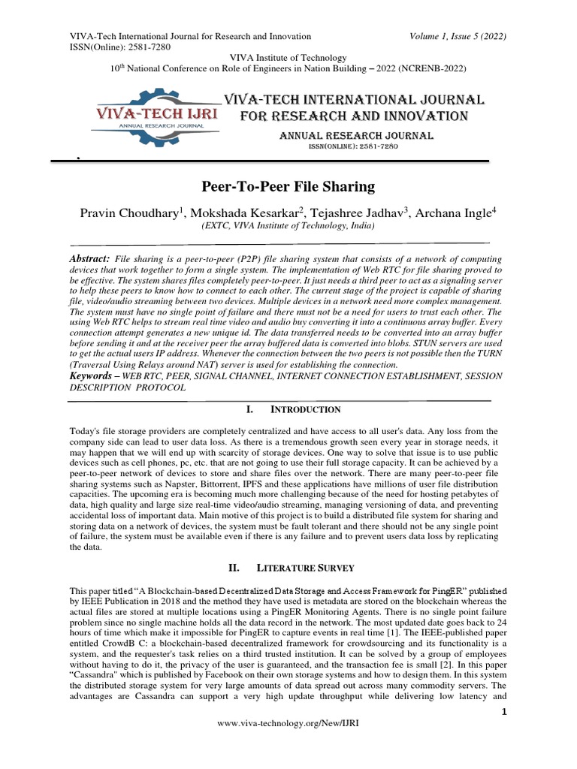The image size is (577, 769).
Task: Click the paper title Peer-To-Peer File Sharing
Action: click(288, 186)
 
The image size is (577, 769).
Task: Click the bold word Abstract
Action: click(89, 258)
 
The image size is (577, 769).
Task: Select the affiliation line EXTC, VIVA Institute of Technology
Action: click(288, 225)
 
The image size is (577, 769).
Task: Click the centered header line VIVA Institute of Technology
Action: click(288, 58)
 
